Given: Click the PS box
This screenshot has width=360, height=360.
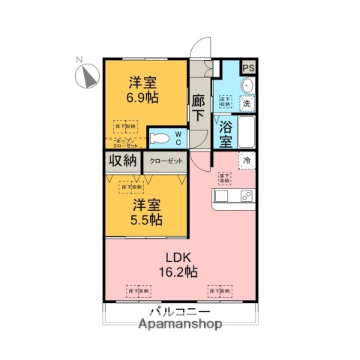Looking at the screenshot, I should tap(249, 67).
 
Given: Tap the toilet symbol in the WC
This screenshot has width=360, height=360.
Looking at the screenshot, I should tap(161, 138).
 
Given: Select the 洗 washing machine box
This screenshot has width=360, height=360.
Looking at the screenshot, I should tap(245, 103).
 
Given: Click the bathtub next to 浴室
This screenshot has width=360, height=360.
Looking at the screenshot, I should tap(246, 133).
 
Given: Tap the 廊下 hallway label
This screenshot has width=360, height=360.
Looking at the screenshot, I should tap(199, 107).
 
